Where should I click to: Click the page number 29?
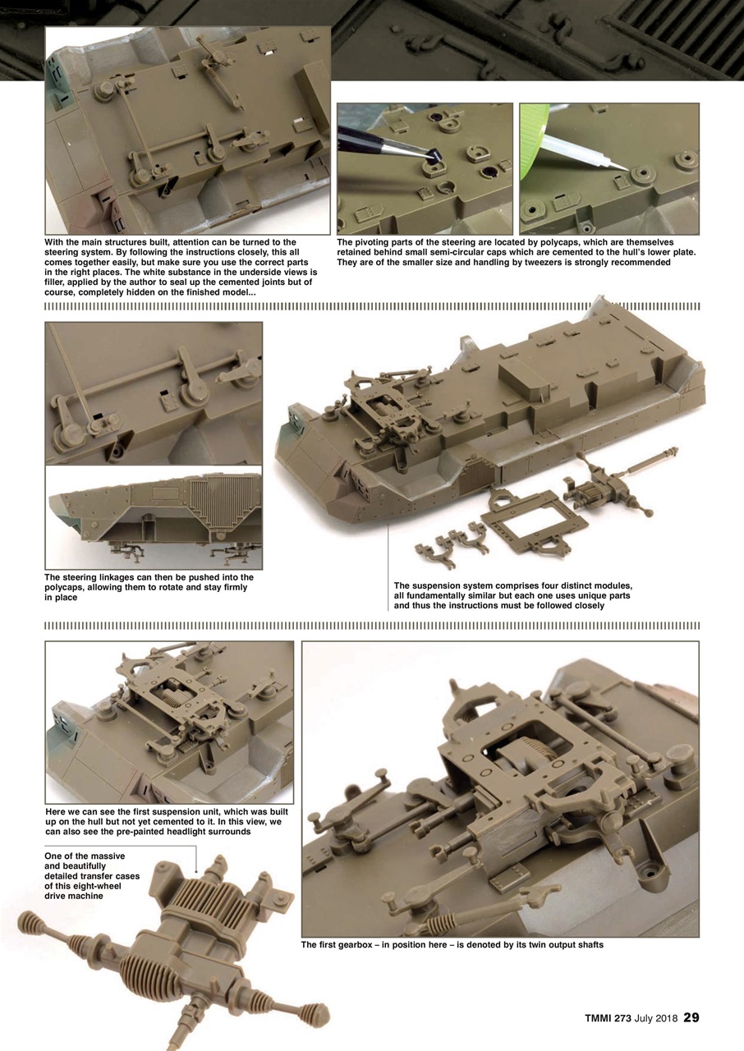[x=691, y=1018]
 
